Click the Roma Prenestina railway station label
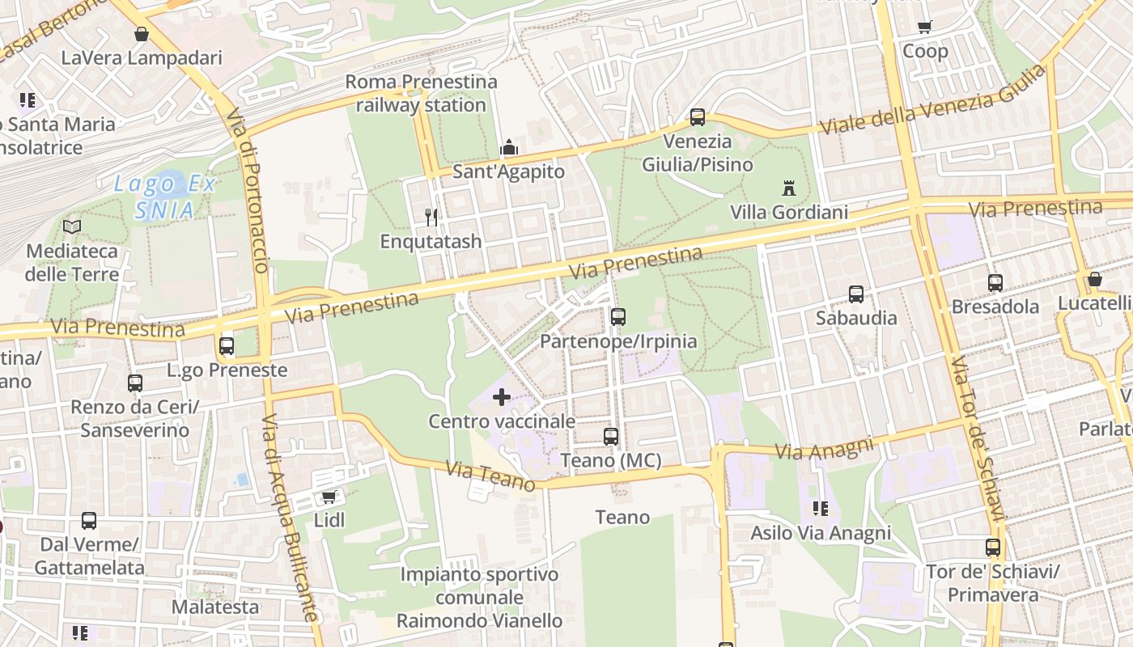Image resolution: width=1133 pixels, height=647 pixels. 421,93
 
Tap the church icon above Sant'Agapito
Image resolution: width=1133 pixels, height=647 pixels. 508,147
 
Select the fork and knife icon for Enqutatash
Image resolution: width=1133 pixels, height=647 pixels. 431,217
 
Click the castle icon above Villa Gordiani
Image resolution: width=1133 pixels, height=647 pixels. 789,188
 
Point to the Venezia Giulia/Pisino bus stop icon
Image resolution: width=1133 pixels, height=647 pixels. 698,117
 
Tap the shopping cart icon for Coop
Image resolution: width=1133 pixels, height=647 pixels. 925,27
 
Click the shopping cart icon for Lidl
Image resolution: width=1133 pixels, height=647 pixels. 329,496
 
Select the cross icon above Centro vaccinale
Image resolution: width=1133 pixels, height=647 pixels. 502,397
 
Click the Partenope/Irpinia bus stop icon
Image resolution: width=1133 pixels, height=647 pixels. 618,317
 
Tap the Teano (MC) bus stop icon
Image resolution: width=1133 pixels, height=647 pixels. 611,437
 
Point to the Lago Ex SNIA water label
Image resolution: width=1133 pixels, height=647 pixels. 165,197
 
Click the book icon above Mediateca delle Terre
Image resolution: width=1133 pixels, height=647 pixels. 72,227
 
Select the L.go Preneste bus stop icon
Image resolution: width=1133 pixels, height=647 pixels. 227,346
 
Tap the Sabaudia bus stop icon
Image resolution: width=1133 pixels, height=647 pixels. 856,294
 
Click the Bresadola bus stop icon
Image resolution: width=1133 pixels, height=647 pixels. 995,283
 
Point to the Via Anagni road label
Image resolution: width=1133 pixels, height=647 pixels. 825,448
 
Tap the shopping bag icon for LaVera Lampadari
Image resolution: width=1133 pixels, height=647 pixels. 142,34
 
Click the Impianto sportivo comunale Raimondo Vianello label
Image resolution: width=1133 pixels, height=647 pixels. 480,598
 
